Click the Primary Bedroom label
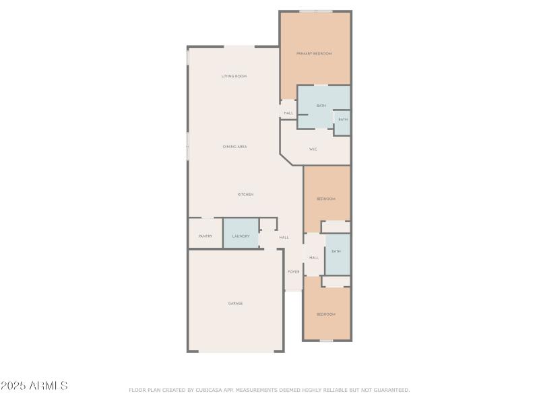point(315,53)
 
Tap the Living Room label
point(234,76)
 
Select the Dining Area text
point(234,146)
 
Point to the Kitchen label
point(245,195)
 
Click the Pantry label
point(205,236)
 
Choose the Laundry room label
point(241,236)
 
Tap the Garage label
point(235,304)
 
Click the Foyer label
point(294,272)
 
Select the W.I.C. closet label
point(313,149)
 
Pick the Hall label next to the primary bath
point(288,113)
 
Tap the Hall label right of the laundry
point(284,238)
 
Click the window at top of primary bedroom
point(315,11)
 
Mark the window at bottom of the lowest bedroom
point(327,341)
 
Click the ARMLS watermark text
point(34,386)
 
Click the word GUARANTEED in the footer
point(391,390)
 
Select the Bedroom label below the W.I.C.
point(326,199)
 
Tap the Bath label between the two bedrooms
point(336,251)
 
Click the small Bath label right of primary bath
point(343,120)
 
